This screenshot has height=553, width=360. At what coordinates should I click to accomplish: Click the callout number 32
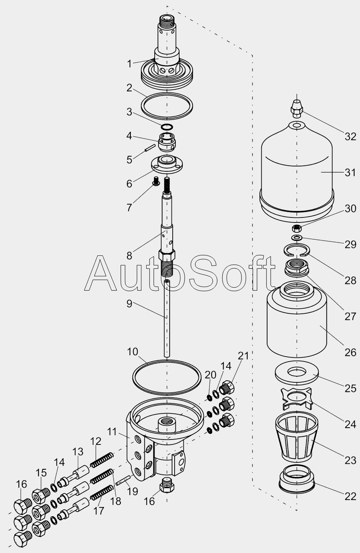(x=350, y=137)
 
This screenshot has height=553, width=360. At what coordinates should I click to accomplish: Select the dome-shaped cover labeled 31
(x=297, y=170)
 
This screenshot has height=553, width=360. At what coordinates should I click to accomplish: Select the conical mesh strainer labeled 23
(x=297, y=440)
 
